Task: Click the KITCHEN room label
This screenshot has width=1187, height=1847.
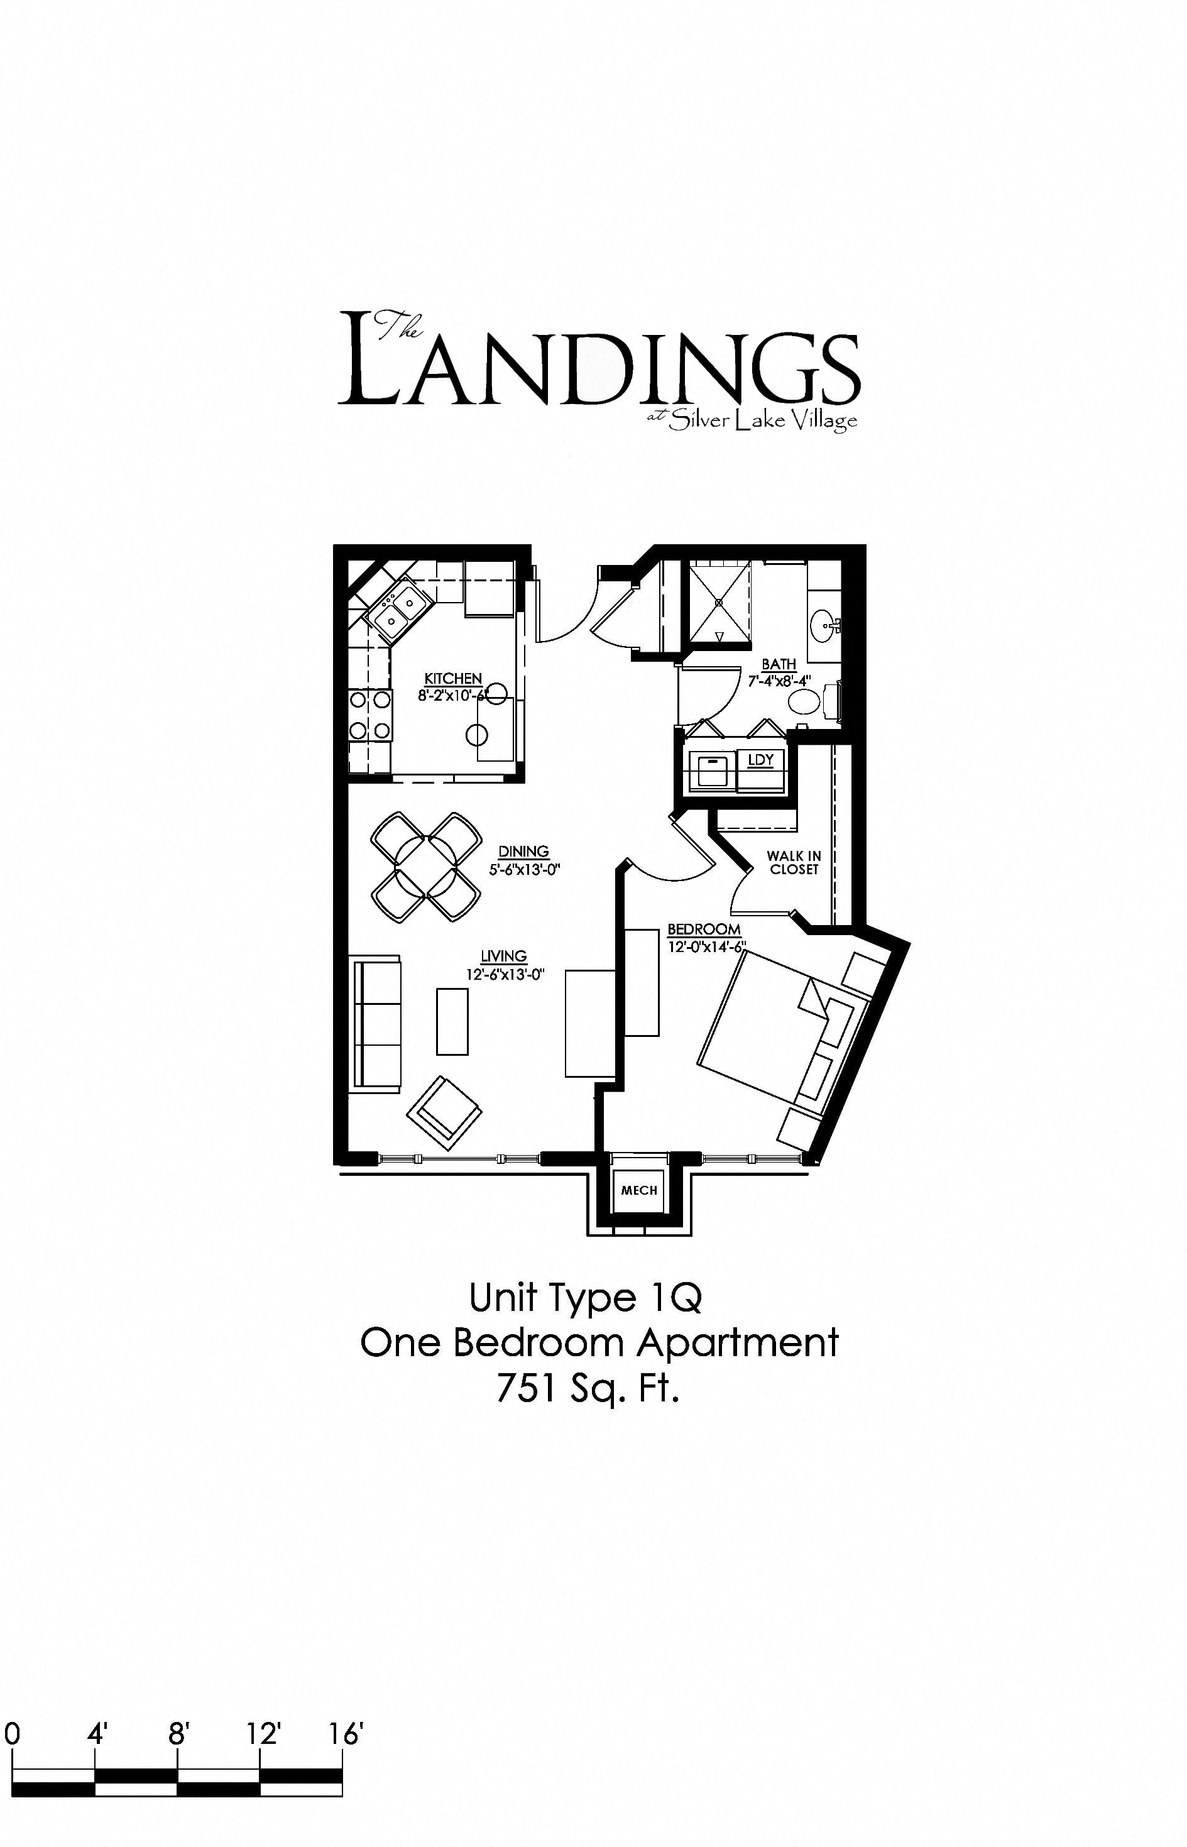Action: (x=453, y=678)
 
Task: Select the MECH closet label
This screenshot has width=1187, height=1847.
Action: (x=639, y=1190)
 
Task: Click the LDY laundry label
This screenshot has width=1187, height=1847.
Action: (x=760, y=759)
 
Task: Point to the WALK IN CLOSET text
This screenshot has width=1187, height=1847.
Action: (x=794, y=862)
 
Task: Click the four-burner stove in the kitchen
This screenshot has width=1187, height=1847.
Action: (x=370, y=715)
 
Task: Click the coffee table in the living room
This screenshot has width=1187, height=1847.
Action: (x=452, y=1021)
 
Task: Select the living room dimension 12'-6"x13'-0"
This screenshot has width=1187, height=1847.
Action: (x=505, y=973)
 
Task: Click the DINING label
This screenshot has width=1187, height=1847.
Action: (x=523, y=851)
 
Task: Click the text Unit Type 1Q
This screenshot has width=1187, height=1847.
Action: (x=585, y=1297)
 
